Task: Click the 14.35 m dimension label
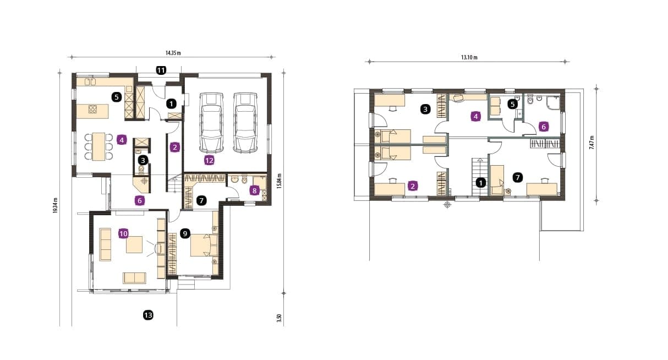pos(173,53)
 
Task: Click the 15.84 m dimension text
pos(279,180)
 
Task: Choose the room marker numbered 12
pos(209,160)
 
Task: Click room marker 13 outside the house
pos(148,315)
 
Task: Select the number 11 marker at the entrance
pos(161,70)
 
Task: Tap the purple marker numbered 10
pos(123,233)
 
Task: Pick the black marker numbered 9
pos(185,234)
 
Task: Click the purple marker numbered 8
pos(254,190)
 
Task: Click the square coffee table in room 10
pos(135,244)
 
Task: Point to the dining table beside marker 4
pos(98,146)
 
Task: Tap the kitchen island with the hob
pos(92,111)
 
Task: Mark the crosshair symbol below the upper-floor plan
pos(447,205)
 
